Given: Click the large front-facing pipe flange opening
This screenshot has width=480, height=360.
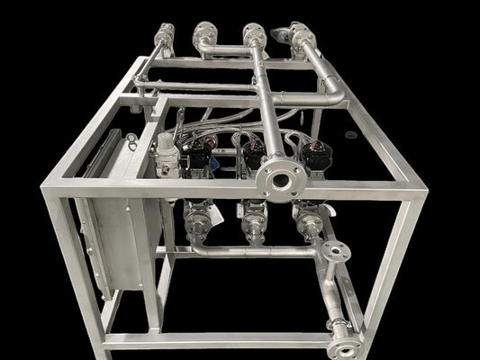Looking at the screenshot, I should pos(280,181).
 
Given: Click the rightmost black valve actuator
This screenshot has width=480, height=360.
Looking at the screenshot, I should pos(316,155).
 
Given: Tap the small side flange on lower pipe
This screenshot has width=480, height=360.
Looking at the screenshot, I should pos(335,253).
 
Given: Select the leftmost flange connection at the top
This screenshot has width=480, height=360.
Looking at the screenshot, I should pos(164,37).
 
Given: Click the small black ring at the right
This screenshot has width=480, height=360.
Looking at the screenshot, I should pos(350,135).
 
